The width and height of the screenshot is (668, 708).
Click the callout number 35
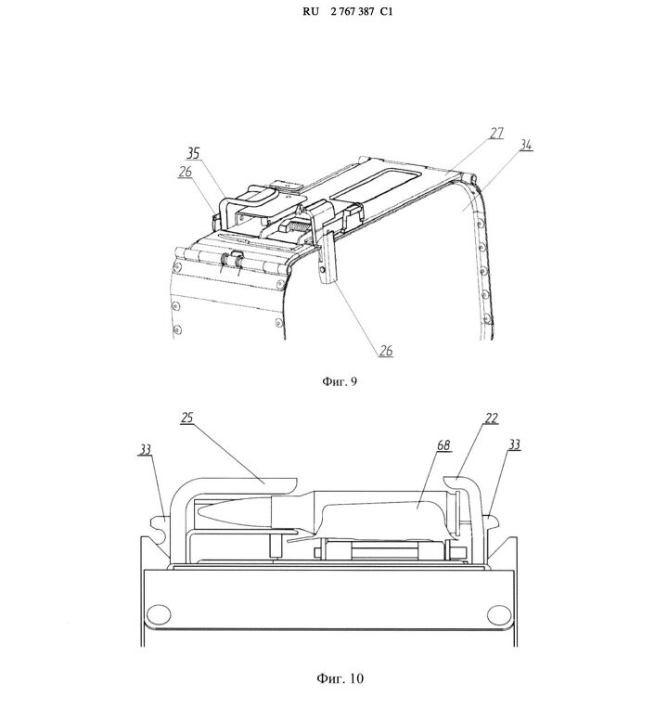pos(193,153)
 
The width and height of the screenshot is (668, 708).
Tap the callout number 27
pos(496,134)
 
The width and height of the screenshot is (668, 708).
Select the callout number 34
pos(526,145)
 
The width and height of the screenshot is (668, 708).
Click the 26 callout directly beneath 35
pos(185,172)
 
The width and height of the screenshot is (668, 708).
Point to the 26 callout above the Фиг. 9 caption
pos(386,351)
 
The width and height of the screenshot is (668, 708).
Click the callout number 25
pos(186,418)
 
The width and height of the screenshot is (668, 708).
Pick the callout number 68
pos(443,445)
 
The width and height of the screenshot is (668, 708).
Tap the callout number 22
pos(492,418)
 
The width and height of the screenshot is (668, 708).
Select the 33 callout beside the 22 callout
pos(514,444)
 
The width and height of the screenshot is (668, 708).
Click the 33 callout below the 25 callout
pos(145,450)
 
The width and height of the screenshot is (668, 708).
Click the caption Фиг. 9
pos(340,381)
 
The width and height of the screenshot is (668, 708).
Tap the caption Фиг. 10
pos(340,678)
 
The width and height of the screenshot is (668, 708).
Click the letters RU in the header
pos(311,12)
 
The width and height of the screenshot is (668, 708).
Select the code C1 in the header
pos(386,12)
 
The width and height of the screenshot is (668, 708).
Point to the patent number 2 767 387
pos(352,12)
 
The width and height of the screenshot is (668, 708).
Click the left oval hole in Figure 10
pos(159,614)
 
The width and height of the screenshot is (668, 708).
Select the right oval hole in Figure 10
pos(499,615)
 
